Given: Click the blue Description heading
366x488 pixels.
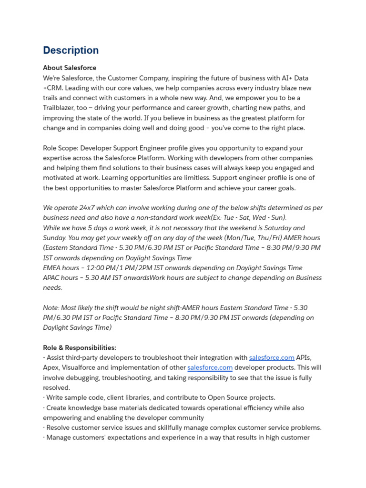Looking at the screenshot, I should click(71, 51).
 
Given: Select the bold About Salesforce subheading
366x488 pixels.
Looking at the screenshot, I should click(70, 68).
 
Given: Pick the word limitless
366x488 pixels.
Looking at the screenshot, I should click(194, 178).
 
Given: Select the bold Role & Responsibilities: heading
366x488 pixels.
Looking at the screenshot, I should click(80, 348).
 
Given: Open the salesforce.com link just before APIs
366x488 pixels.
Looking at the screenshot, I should click(272, 357).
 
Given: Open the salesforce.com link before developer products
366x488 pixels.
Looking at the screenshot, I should click(210, 367).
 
